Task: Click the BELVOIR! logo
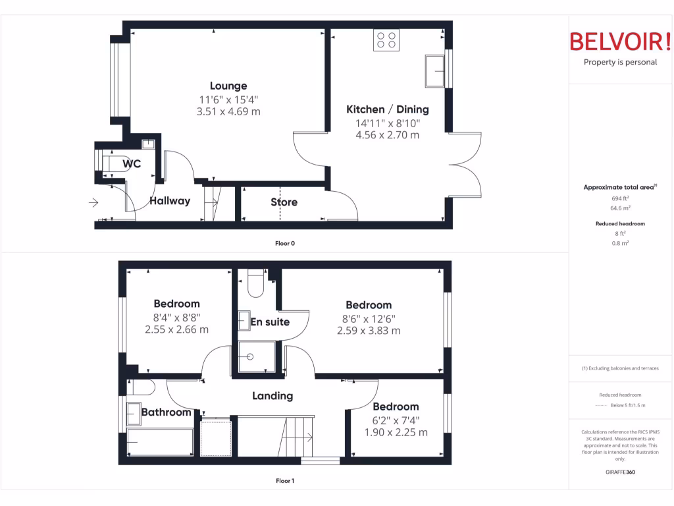point(619,42)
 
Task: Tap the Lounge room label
point(228,86)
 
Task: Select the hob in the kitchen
point(386,40)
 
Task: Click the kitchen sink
point(435,71)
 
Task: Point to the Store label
point(284,202)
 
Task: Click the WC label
point(132,164)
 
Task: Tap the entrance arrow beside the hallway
point(94,202)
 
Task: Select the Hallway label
point(170,201)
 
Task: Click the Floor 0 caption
point(285,244)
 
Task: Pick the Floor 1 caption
point(285,481)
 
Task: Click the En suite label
point(270,322)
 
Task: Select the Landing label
point(272,396)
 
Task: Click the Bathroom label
point(167,412)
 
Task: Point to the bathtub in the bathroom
point(160,441)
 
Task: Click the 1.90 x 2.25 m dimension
point(396,432)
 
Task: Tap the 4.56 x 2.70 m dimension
point(387,135)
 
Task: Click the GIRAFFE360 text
point(620,472)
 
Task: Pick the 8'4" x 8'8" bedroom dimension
point(176,317)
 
